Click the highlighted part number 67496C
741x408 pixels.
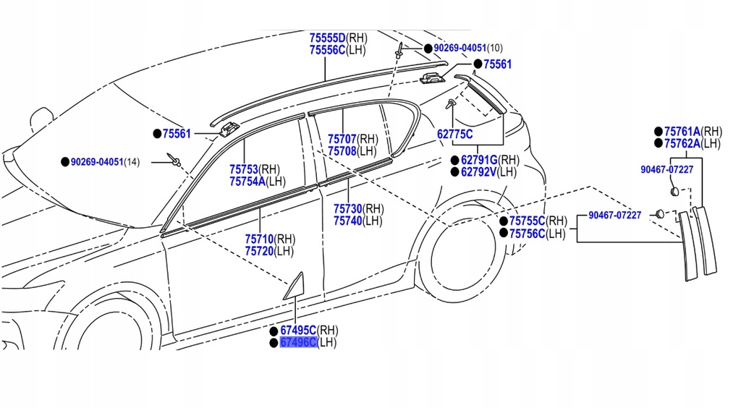coord(298,342)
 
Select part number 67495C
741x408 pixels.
coord(298,330)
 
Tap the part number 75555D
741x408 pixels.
coord(327,38)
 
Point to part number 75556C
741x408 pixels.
coord(327,50)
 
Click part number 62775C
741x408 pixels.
coord(454,134)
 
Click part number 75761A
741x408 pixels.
coord(682,132)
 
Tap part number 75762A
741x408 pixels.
coord(682,143)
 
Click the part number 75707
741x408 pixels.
coord(342,139)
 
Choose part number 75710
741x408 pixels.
coord(259,239)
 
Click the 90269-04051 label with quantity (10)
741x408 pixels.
coord(459,48)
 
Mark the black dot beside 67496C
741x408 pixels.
coord(274,343)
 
